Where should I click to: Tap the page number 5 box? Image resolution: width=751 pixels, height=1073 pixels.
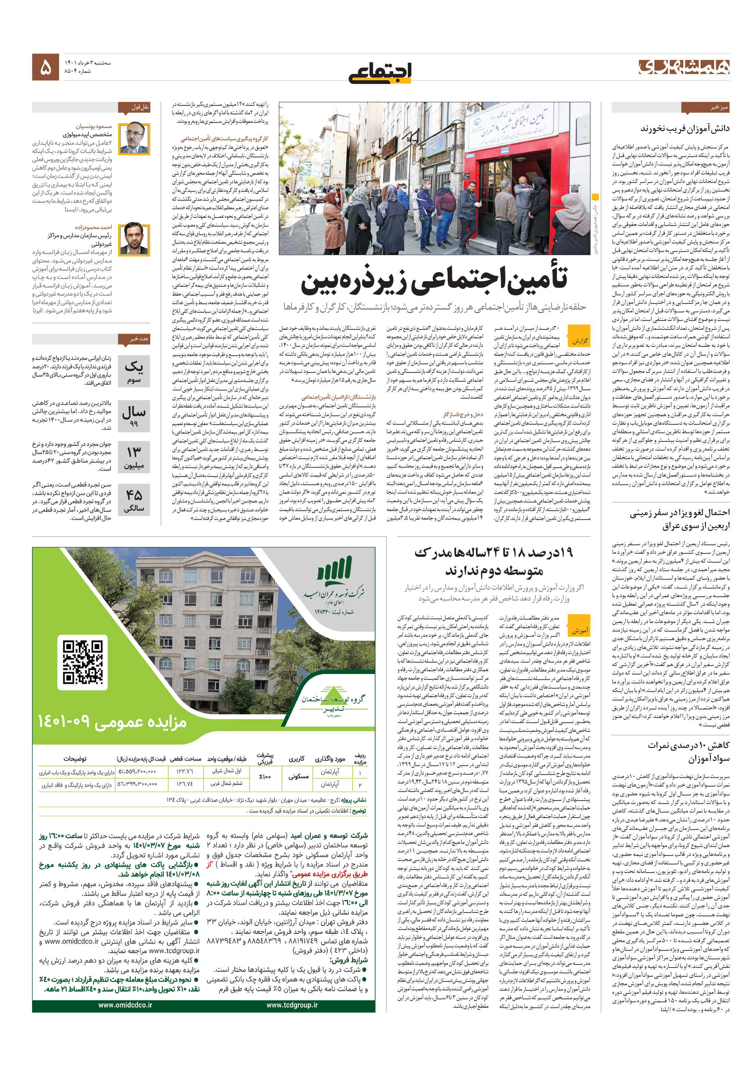[x=45, y=67]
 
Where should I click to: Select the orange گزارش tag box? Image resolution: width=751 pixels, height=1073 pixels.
[x=580, y=340]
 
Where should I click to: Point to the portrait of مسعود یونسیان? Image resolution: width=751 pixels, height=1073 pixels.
[x=134, y=138]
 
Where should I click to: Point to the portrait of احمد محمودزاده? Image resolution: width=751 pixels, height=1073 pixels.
[x=134, y=239]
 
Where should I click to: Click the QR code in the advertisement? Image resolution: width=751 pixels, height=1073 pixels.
[x=82, y=662]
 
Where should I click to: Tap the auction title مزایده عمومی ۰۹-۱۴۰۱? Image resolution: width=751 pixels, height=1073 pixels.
[x=112, y=722]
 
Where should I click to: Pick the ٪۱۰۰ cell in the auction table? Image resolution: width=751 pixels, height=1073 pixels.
[x=265, y=777]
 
